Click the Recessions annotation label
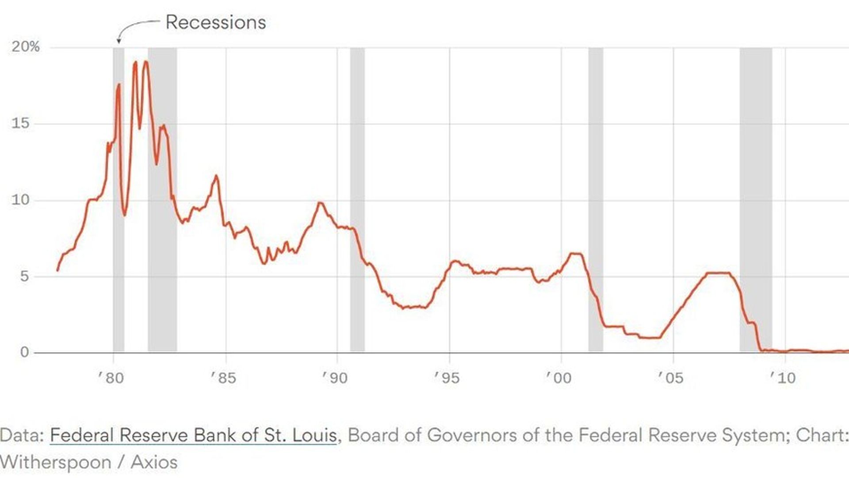click(x=215, y=22)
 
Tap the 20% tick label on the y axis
click(x=26, y=46)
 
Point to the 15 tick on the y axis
click(x=21, y=123)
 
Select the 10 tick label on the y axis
click(x=21, y=200)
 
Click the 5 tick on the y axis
click(x=25, y=276)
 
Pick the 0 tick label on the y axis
click(x=25, y=352)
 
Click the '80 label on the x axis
click(x=111, y=378)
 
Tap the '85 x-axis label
click(x=223, y=378)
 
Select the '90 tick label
click(x=335, y=378)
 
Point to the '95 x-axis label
click(x=447, y=378)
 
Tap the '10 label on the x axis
click(x=783, y=378)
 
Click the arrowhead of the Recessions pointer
click(x=119, y=41)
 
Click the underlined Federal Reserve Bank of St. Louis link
click(x=193, y=435)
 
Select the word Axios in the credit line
click(x=154, y=462)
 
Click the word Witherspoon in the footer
click(x=56, y=462)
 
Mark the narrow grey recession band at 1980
click(x=119, y=199)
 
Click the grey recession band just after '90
click(x=357, y=199)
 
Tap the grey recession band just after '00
click(x=596, y=199)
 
